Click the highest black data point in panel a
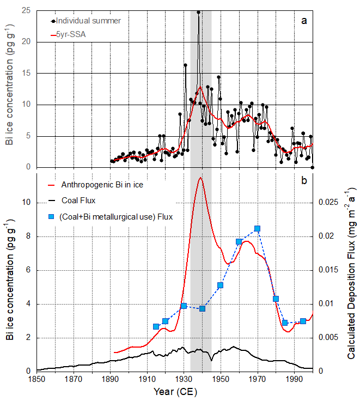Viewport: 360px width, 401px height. tap(198, 11)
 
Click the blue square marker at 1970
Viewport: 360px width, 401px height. tap(257, 229)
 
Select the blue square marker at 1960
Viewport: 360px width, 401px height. tap(239, 241)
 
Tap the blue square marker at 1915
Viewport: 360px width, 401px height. tap(156, 326)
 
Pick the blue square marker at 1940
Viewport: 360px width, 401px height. tap(202, 308)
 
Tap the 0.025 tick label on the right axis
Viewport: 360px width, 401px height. tap(328, 202)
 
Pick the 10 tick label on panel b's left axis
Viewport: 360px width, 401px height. tap(25, 202)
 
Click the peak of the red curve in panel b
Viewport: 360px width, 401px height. tap(200, 178)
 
